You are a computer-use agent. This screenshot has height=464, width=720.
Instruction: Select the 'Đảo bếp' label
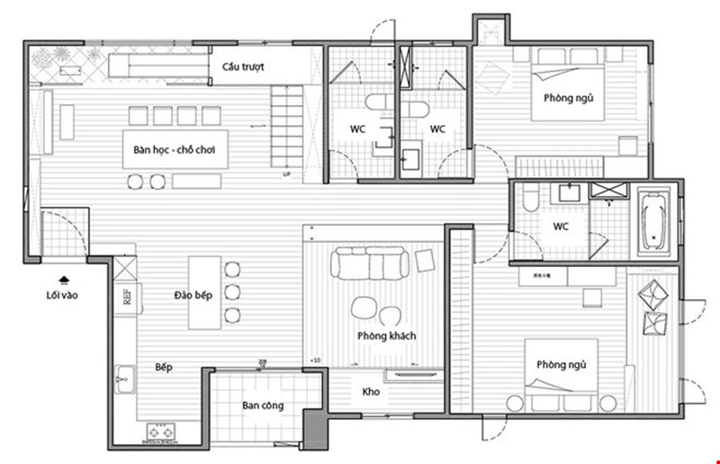(193, 295)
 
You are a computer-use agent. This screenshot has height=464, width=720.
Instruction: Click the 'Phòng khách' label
(385, 336)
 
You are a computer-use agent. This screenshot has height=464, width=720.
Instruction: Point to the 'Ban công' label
(263, 406)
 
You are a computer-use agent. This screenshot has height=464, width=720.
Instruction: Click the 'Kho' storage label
(371, 393)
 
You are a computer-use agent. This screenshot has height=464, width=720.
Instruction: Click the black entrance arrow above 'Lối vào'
(64, 279)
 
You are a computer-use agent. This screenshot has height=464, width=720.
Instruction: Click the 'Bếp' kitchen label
(163, 368)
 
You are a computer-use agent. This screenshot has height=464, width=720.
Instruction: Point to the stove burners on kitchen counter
(159, 433)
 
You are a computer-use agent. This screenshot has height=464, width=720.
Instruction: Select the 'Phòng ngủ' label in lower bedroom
(562, 365)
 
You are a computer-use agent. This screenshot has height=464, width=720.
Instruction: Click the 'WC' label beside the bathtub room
(562, 226)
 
